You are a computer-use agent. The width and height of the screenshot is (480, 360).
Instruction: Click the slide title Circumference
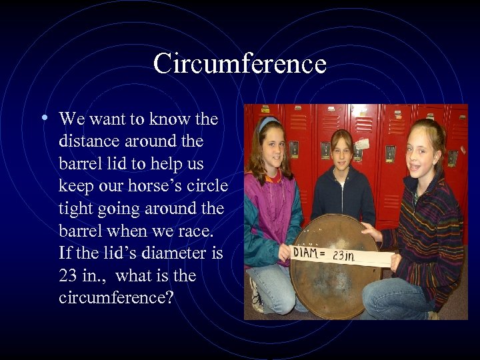239,64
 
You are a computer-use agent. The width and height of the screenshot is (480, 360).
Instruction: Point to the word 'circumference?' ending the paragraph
116,297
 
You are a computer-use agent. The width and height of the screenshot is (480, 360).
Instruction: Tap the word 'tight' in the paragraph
75,209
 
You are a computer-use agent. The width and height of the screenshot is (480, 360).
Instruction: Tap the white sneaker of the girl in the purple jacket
255,297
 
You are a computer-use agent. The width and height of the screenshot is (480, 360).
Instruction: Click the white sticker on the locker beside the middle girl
362,144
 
